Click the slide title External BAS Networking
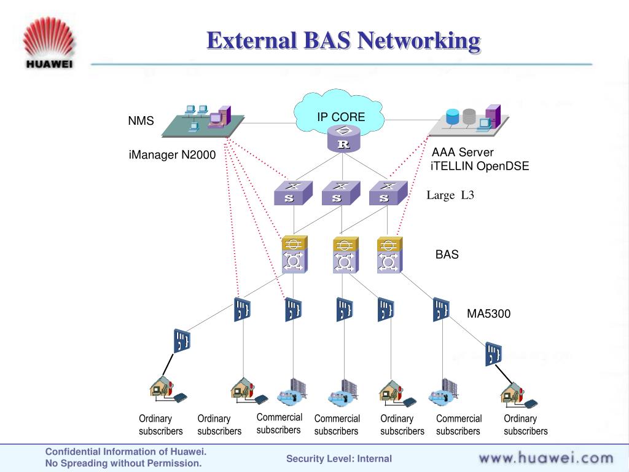(343, 41)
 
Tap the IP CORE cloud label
(341, 117)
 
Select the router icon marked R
(343, 139)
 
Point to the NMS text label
(141, 121)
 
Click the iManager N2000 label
(172, 155)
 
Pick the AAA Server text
(463, 152)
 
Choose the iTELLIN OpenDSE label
(479, 166)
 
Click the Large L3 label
(451, 195)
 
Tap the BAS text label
(447, 254)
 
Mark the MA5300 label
(488, 314)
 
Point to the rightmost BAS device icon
(388, 254)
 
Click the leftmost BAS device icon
(294, 254)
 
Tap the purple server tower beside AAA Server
(493, 116)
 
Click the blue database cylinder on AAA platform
(453, 116)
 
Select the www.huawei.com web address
(545, 458)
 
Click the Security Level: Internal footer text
(339, 458)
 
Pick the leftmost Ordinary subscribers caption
(160, 425)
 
